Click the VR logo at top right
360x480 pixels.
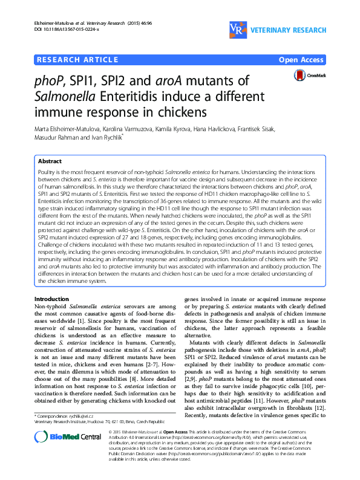coord(238,28)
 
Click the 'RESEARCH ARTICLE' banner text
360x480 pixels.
coord(77,59)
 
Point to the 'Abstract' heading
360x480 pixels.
coord(50,161)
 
